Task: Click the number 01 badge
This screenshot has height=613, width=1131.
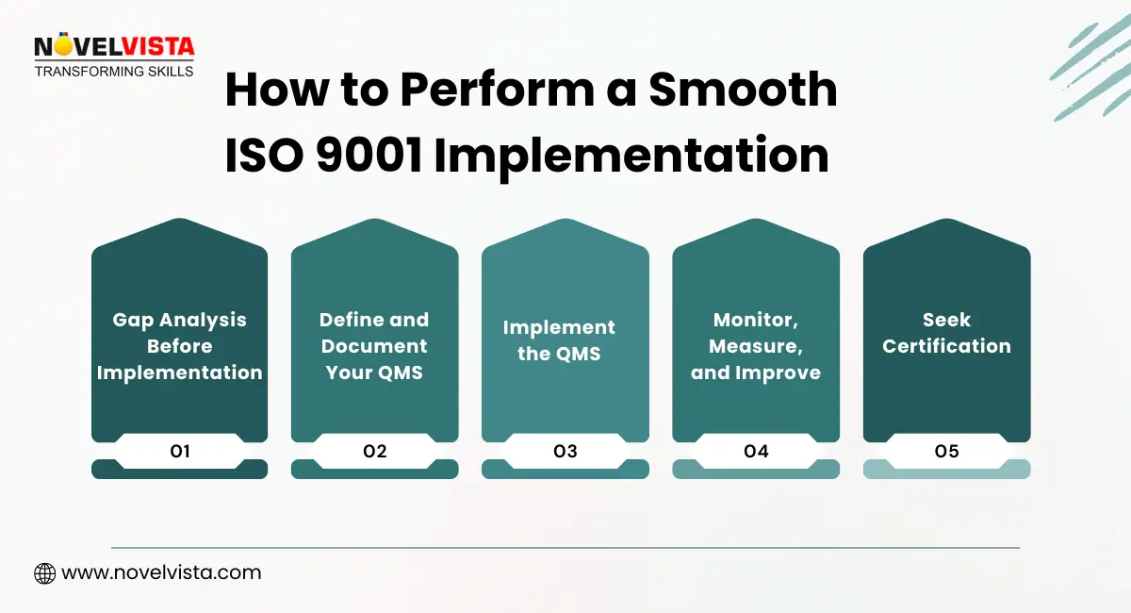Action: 180,451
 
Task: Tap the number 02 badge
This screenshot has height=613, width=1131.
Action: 375,451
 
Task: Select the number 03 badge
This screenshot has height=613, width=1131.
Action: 565,451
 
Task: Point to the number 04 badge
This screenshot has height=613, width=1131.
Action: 756,451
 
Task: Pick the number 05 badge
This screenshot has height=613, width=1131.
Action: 946,451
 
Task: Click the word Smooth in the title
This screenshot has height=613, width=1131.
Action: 743,90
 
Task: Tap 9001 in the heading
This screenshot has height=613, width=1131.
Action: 369,156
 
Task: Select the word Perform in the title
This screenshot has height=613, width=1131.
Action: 498,90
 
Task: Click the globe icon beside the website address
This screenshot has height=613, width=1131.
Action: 45,573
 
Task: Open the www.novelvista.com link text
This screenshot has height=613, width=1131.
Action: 161,572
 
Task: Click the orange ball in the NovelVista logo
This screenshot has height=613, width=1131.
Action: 64,45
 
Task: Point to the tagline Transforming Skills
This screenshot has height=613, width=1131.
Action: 114,72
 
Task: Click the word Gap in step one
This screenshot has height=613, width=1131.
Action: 133,321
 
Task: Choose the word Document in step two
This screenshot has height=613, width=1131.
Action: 374,346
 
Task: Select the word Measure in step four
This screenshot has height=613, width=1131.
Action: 755,347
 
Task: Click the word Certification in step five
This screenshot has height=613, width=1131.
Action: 946,346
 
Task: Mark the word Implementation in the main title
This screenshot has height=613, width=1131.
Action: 631,157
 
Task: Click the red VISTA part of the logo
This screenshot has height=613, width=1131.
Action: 158,47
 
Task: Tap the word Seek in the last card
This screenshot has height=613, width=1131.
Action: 946,320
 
